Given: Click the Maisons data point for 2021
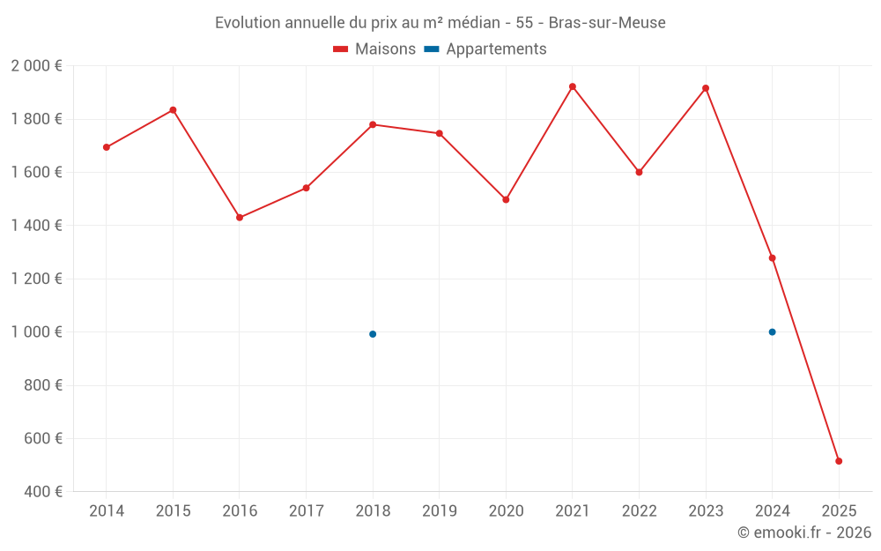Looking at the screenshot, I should point(573,86).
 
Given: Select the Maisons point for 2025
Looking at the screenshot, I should point(839,461).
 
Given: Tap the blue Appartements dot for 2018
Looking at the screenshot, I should point(373,334).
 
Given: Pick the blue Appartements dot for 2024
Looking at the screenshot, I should point(772,332).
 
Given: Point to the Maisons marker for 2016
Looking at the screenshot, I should point(240,217).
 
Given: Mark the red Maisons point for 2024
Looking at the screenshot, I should point(772,258).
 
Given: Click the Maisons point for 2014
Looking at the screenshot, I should point(107,147).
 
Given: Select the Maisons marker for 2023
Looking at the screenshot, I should point(706,88).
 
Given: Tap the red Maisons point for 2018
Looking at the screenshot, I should point(373,124).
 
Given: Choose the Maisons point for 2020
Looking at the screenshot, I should point(506,200).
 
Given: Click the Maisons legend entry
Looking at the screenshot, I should point(374,49).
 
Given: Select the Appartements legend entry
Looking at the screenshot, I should point(485,49).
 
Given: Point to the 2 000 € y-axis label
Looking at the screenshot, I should point(36,66).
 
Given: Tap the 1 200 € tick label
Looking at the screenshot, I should point(36,279).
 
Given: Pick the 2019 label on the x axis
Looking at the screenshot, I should point(439,511).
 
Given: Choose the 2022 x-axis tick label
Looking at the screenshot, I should point(639,511).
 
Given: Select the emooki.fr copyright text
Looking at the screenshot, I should point(804,532).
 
